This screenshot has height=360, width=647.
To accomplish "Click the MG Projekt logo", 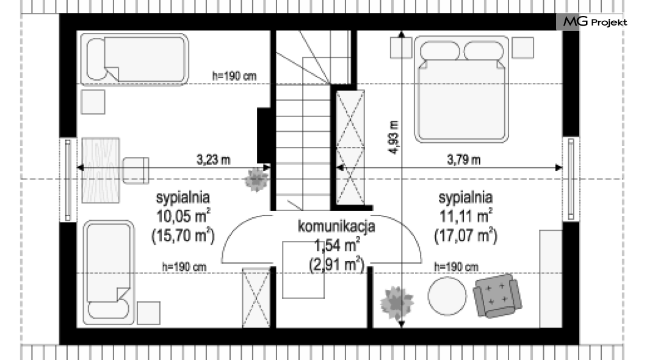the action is coord(595,21).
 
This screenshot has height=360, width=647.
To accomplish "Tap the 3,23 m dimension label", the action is coord(214,160).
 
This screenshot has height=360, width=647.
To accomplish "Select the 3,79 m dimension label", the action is coord(464,159).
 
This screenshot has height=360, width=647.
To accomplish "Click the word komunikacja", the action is coord(336,226).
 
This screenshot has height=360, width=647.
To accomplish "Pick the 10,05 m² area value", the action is coord(183,215).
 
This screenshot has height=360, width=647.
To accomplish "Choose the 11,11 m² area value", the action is coord(466,215).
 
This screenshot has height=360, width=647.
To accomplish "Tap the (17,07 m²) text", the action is coord(466,236).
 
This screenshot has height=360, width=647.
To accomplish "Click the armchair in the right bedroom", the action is coord(497,296).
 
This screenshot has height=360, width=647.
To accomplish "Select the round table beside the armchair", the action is coord(447,296).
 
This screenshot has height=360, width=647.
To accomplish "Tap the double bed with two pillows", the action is coord(461,90).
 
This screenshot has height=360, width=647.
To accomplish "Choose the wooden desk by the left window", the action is coord(101,170).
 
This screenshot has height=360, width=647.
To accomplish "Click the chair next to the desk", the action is coord(136,170).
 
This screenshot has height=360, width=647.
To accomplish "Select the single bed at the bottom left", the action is coord(109,272).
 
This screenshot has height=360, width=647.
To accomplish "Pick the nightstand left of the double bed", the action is coord(401,48).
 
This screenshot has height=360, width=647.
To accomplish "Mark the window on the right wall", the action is coord(571,179).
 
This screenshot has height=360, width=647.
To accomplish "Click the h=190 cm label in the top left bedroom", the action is coord(234,76).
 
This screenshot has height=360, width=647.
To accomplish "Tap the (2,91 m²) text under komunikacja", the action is coord(337,264).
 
